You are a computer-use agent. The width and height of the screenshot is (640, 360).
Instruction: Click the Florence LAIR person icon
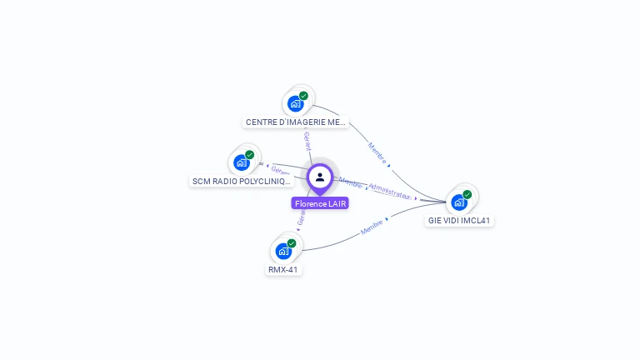[x=320, y=177]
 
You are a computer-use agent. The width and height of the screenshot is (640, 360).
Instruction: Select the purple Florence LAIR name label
[x=320, y=203]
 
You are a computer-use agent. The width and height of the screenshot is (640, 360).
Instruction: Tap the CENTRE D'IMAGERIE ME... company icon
[x=295, y=103]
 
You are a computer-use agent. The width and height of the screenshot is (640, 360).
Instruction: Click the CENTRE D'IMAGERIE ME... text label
[x=296, y=122]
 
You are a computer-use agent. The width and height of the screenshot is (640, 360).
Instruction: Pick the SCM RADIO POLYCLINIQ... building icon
[x=242, y=162]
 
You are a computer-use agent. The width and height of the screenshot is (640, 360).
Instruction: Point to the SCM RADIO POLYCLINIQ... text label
[x=242, y=181]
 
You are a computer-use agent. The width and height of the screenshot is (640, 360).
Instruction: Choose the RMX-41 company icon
[x=283, y=251]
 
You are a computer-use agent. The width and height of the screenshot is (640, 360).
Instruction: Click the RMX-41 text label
[x=283, y=269]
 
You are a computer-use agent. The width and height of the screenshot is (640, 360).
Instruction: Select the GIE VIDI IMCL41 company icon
[x=459, y=202]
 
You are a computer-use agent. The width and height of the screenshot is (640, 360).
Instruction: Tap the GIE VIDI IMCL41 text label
[x=459, y=221]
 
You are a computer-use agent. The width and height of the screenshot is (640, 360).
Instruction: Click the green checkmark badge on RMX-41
[x=292, y=243]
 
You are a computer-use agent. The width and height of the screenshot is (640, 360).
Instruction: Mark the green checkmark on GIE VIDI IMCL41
[x=467, y=195]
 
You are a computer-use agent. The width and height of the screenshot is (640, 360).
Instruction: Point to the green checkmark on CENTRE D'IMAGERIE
[x=304, y=96]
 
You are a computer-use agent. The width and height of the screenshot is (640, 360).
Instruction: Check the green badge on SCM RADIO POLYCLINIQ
[x=250, y=155]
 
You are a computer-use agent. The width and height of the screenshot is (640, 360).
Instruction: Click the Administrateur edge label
[x=390, y=191]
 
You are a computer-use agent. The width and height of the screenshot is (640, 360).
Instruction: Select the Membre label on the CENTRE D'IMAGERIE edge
[x=377, y=153]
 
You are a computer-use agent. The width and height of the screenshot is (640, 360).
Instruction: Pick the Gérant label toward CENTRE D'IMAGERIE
[x=307, y=141]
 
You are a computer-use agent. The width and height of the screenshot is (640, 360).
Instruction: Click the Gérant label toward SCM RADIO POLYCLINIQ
[x=281, y=171]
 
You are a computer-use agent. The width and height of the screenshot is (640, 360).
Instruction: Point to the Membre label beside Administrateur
[x=351, y=182]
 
